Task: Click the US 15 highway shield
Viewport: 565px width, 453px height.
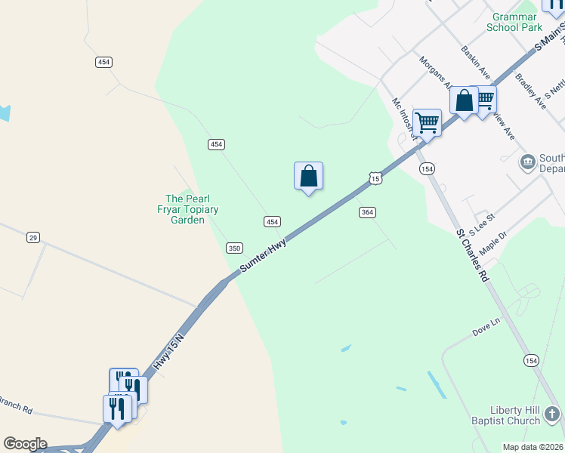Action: coord(375,177)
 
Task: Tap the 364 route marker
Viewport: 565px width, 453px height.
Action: coord(367,213)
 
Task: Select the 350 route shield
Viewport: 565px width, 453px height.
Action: coord(234,248)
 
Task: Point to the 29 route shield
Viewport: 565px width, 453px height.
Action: coord(32,237)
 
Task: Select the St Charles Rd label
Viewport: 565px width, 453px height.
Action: coord(473,256)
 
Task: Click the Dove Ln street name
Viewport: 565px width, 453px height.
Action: coord(486,325)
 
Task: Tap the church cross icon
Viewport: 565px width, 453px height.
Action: coord(552,414)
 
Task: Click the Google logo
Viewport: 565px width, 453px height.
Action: coord(25,444)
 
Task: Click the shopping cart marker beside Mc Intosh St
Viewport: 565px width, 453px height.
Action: coord(428,122)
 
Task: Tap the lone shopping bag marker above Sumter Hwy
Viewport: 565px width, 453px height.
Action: coord(308,177)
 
